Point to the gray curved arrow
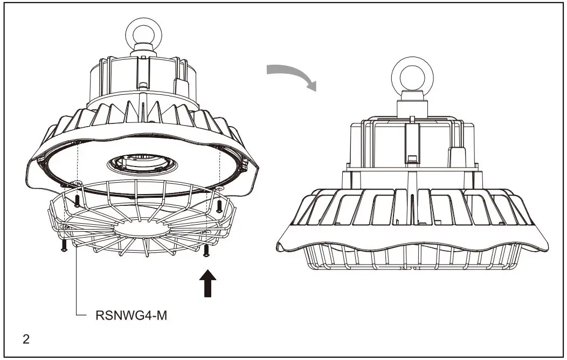293,76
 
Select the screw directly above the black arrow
206,250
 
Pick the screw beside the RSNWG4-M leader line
64,244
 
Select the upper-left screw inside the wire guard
77,201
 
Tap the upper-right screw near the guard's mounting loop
219,205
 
